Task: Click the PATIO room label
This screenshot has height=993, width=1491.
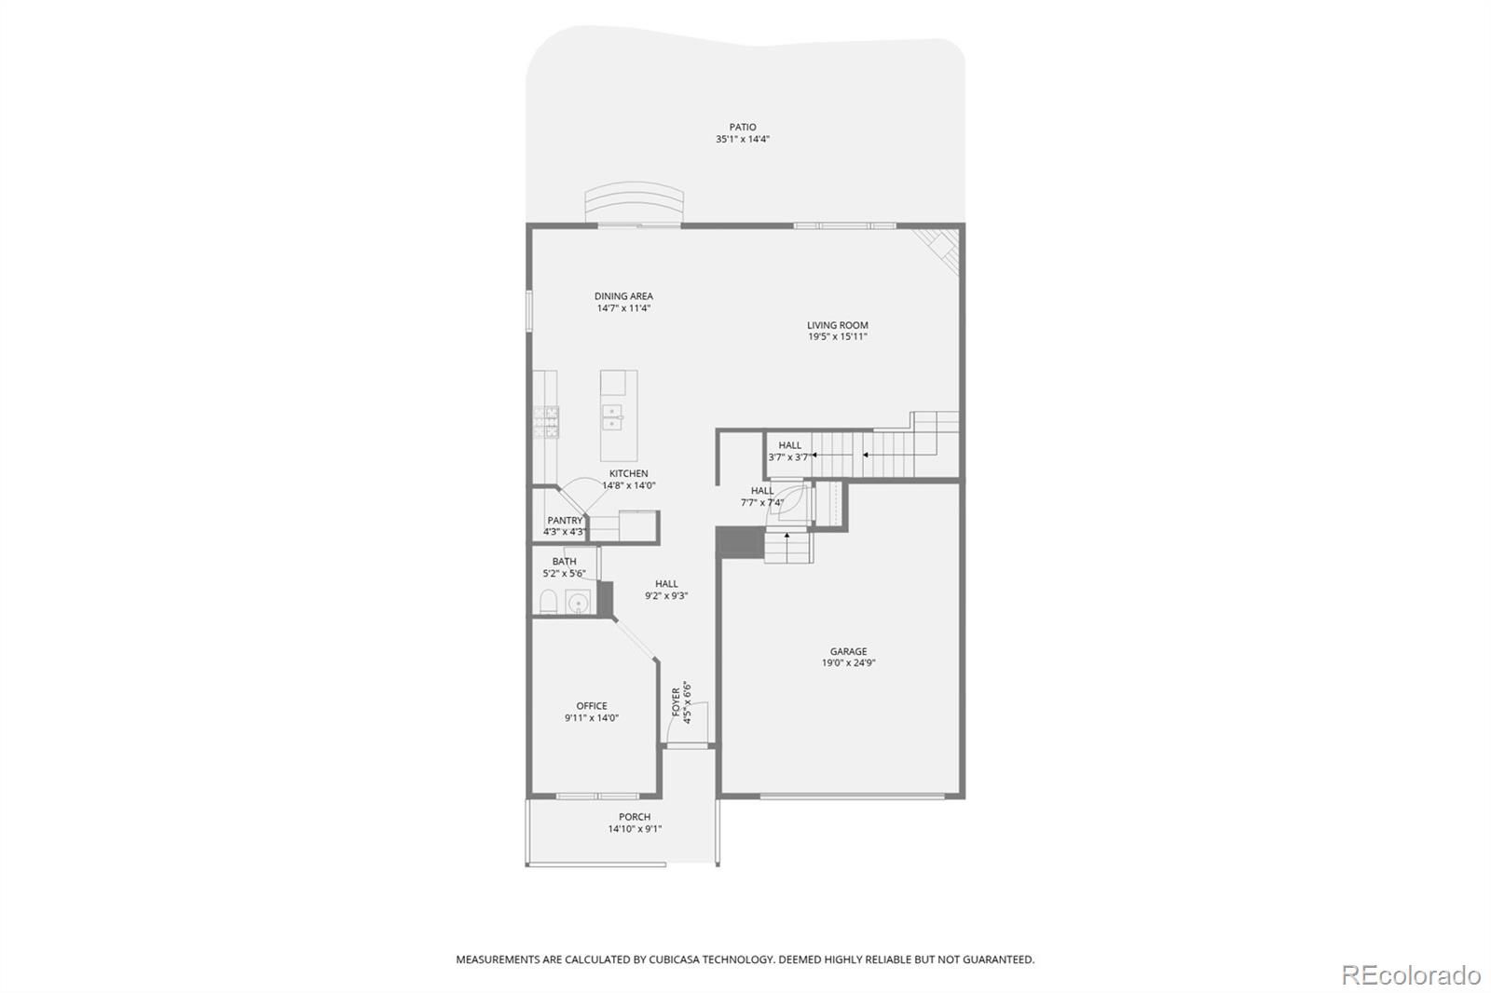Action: click(742, 127)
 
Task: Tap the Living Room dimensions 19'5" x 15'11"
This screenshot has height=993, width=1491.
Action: click(838, 337)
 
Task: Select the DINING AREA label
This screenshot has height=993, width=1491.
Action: click(623, 296)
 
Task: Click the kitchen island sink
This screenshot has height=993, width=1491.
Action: click(611, 417)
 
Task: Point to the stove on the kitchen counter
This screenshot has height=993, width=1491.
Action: click(546, 422)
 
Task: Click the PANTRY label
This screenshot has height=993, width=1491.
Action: click(565, 521)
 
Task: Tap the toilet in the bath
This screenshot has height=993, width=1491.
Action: click(549, 602)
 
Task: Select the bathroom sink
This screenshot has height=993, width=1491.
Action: click(579, 602)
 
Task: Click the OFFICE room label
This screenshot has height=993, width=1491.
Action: click(592, 706)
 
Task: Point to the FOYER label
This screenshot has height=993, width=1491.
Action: click(677, 701)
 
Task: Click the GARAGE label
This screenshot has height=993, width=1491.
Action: click(848, 651)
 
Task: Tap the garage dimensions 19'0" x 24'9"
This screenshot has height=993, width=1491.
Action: click(848, 663)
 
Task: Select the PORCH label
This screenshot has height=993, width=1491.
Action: click(635, 817)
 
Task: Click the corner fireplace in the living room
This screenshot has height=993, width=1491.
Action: click(938, 251)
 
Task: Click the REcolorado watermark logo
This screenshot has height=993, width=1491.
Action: click(1411, 975)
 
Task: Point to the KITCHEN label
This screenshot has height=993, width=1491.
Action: click(628, 474)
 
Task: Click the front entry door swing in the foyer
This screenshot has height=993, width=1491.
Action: click(688, 723)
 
